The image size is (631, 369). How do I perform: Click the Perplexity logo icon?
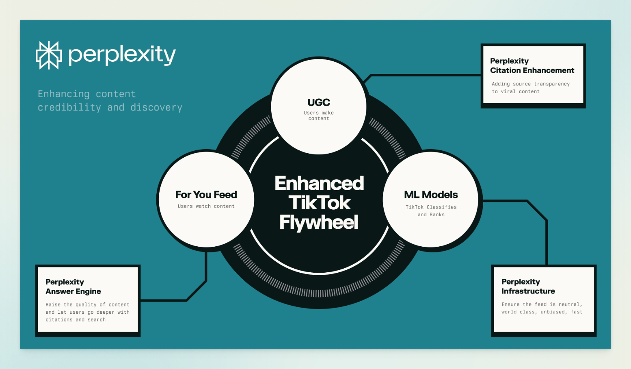click(x=49, y=55)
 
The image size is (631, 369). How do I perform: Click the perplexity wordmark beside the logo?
click(x=122, y=55)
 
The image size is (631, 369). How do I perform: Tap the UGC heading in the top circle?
click(x=319, y=102)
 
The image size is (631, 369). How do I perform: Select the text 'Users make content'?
click(x=319, y=116)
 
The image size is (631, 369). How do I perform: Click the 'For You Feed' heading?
click(x=206, y=195)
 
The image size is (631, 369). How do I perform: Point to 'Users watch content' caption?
click(x=206, y=206)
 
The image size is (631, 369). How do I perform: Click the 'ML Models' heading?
click(x=431, y=195)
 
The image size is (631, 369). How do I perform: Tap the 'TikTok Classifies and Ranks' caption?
click(x=431, y=211)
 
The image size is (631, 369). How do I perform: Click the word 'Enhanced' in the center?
click(x=319, y=183)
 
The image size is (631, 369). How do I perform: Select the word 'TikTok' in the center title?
click(x=319, y=203)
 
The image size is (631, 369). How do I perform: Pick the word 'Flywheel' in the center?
click(x=319, y=222)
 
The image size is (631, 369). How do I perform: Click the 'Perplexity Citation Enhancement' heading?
click(x=532, y=65)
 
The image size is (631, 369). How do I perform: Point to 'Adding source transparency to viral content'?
click(x=530, y=88)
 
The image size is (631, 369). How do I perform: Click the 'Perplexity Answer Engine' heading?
click(x=73, y=287)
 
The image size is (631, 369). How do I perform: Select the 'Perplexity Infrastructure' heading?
click(x=528, y=287)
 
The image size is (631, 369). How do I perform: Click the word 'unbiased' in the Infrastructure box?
click(x=553, y=312)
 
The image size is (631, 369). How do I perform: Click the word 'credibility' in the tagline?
click(x=69, y=108)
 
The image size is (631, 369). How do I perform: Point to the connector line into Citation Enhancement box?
click(x=426, y=75)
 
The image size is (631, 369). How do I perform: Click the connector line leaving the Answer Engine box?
click(x=162, y=300)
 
